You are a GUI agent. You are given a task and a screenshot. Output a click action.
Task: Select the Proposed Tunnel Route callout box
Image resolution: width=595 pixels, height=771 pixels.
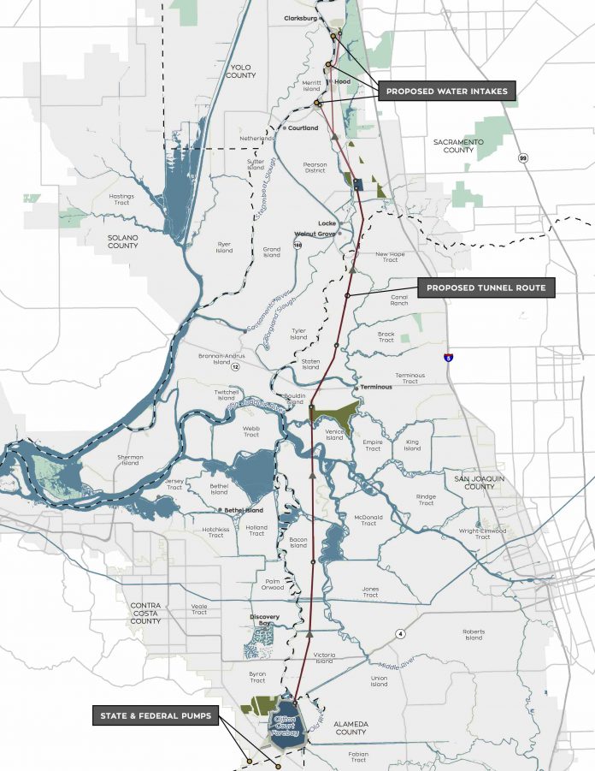pyautogui.click(x=486, y=288)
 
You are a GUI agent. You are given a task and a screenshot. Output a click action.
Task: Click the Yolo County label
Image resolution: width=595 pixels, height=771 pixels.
pyautogui.click(x=242, y=71)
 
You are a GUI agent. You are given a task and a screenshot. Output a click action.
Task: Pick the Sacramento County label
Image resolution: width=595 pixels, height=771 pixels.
pyautogui.click(x=458, y=145)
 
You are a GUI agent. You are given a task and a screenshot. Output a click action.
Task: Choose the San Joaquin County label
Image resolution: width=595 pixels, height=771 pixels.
pyautogui.click(x=474, y=482)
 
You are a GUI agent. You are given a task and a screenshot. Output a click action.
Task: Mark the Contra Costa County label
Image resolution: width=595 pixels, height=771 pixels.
pyautogui.click(x=145, y=613)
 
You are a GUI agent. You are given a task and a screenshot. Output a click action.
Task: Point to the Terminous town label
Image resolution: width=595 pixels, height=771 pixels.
pyautogui.click(x=376, y=387)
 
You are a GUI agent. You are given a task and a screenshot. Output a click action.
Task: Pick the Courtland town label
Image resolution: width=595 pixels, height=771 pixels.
pyautogui.click(x=303, y=128)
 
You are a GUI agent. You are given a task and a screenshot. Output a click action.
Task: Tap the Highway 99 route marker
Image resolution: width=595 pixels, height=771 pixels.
pyautogui.click(x=521, y=157)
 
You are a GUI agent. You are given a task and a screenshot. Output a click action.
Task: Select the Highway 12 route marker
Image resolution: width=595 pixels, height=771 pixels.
pyautogui.click(x=234, y=367)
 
